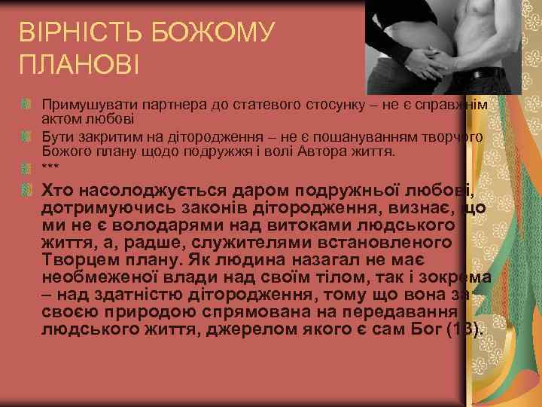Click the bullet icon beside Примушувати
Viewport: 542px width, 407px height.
[27, 102]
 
